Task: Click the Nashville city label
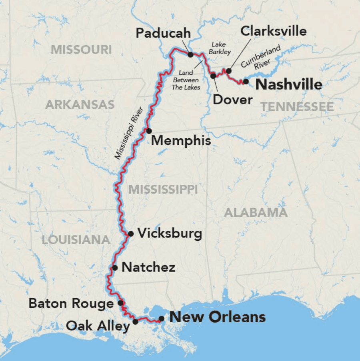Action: click(x=288, y=85)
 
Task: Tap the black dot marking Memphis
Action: click(x=149, y=131)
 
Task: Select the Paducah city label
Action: click(x=163, y=33)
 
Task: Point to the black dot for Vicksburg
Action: click(x=131, y=233)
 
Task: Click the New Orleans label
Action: click(x=217, y=317)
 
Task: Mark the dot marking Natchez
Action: click(x=115, y=268)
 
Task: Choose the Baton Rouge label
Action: click(x=71, y=303)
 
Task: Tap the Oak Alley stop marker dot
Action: click(x=136, y=321)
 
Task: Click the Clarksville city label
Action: click(x=274, y=31)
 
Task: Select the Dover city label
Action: click(x=232, y=100)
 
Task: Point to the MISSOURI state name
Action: click(x=81, y=50)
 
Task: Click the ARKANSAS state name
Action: click(x=80, y=105)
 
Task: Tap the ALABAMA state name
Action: click(x=256, y=212)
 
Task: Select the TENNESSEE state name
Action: click(x=297, y=106)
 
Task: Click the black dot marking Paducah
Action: click(x=190, y=54)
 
